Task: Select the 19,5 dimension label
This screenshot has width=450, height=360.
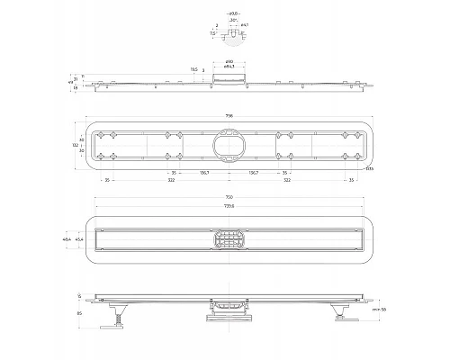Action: click(x=193, y=68)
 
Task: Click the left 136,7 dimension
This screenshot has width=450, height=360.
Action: click(x=204, y=173)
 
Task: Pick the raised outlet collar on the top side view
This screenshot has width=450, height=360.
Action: click(x=229, y=80)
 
